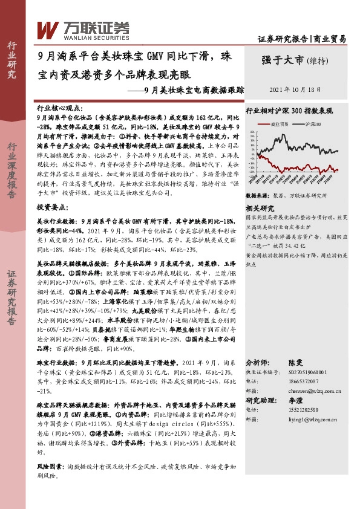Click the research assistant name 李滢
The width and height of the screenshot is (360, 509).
click(293, 400)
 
